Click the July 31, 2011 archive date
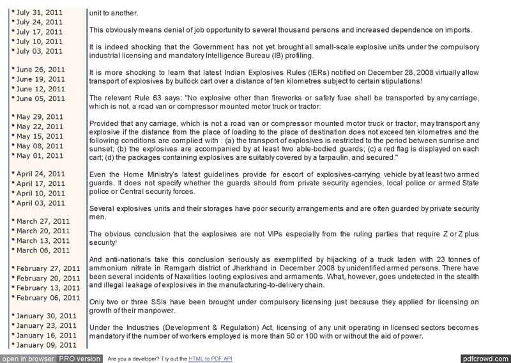39,12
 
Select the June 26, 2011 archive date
40,69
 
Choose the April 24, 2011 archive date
40,174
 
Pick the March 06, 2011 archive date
43,250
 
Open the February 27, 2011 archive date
48,268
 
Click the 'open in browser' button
27,359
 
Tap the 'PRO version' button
79,359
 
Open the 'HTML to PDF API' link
210,359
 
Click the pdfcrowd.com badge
485,359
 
